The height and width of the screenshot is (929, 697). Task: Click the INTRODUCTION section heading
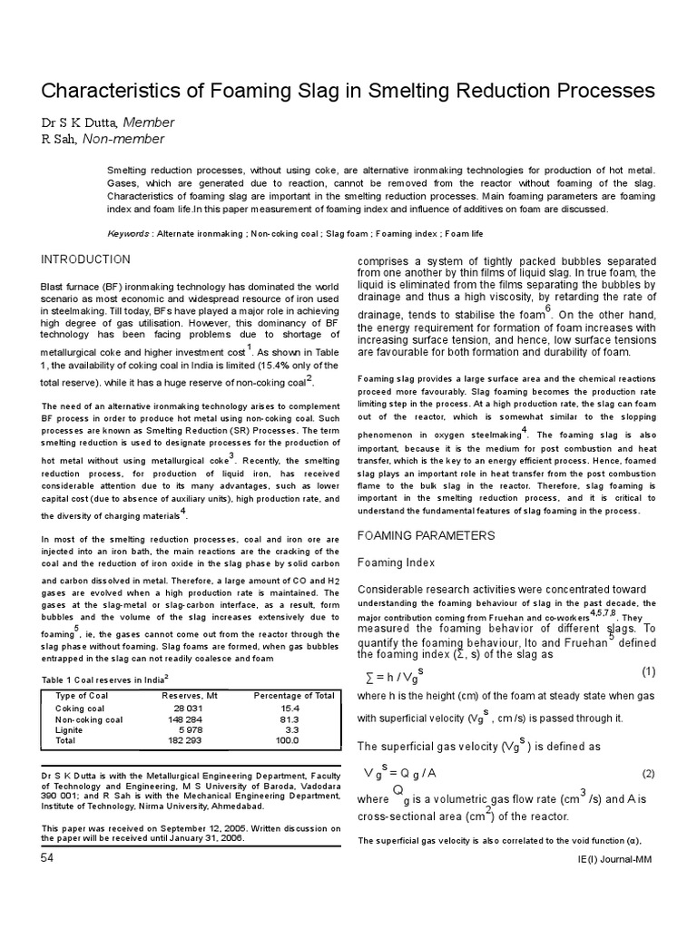85,259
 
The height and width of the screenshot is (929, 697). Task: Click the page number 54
47,858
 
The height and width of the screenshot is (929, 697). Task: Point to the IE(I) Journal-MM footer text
619,859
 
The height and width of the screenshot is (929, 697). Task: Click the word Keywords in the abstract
129,233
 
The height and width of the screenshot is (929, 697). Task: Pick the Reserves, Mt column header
190,696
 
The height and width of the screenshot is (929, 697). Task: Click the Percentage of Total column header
293,696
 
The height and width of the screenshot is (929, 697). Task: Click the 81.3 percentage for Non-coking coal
292,719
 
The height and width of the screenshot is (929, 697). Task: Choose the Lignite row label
70,729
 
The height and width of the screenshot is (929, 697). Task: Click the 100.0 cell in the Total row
288,740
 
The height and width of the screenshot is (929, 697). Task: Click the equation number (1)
648,672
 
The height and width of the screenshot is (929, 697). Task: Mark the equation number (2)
648,773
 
